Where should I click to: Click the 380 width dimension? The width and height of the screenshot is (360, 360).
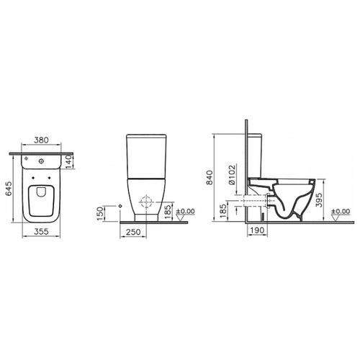[41, 140]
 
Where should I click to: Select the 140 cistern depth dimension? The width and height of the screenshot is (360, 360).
[68, 161]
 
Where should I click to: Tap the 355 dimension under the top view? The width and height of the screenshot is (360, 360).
[41, 232]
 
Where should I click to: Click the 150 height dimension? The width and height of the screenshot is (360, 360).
[100, 214]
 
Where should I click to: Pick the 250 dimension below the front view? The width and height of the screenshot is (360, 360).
[133, 232]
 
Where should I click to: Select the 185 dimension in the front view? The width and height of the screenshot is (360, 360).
[168, 212]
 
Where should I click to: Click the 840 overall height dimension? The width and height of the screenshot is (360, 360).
[210, 177]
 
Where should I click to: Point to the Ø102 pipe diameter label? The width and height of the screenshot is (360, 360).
[232, 175]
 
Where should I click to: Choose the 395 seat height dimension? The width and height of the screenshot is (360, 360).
[319, 200]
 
